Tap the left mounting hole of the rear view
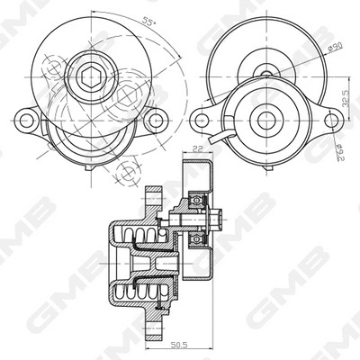point(204,119)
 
